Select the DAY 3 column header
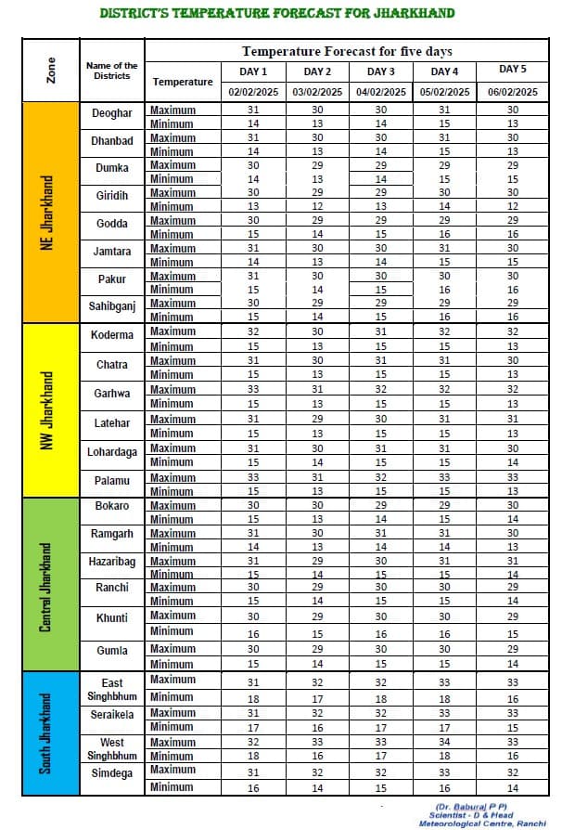pos(380,71)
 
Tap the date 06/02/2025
pos(512,92)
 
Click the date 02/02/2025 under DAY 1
pos(253,92)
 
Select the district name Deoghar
pos(112,113)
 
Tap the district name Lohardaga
pos(112,452)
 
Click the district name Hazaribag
pos(112,563)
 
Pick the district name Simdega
pos(112,773)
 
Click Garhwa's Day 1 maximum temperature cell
pos(253,390)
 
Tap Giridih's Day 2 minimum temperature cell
pos(318,206)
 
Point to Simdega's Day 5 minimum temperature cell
pos(513,787)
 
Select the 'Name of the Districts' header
pos(112,71)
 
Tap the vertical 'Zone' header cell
pos(51,71)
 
